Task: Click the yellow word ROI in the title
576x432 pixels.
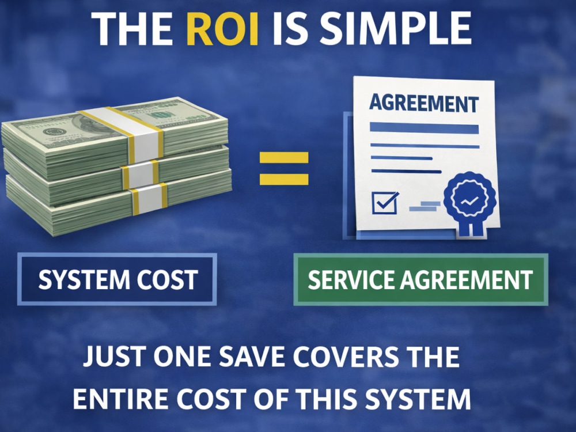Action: [x=222, y=29]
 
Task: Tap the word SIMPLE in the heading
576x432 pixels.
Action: [x=395, y=29]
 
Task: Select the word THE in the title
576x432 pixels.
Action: [x=132, y=29]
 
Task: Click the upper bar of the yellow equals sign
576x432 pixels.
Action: [x=284, y=158]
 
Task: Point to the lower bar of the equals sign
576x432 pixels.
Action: [x=284, y=179]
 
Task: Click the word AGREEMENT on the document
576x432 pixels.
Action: [x=424, y=103]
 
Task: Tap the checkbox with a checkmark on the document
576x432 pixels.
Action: [x=385, y=202]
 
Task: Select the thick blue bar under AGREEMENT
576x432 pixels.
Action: [x=425, y=128]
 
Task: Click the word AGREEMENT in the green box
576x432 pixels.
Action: [x=467, y=279]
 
